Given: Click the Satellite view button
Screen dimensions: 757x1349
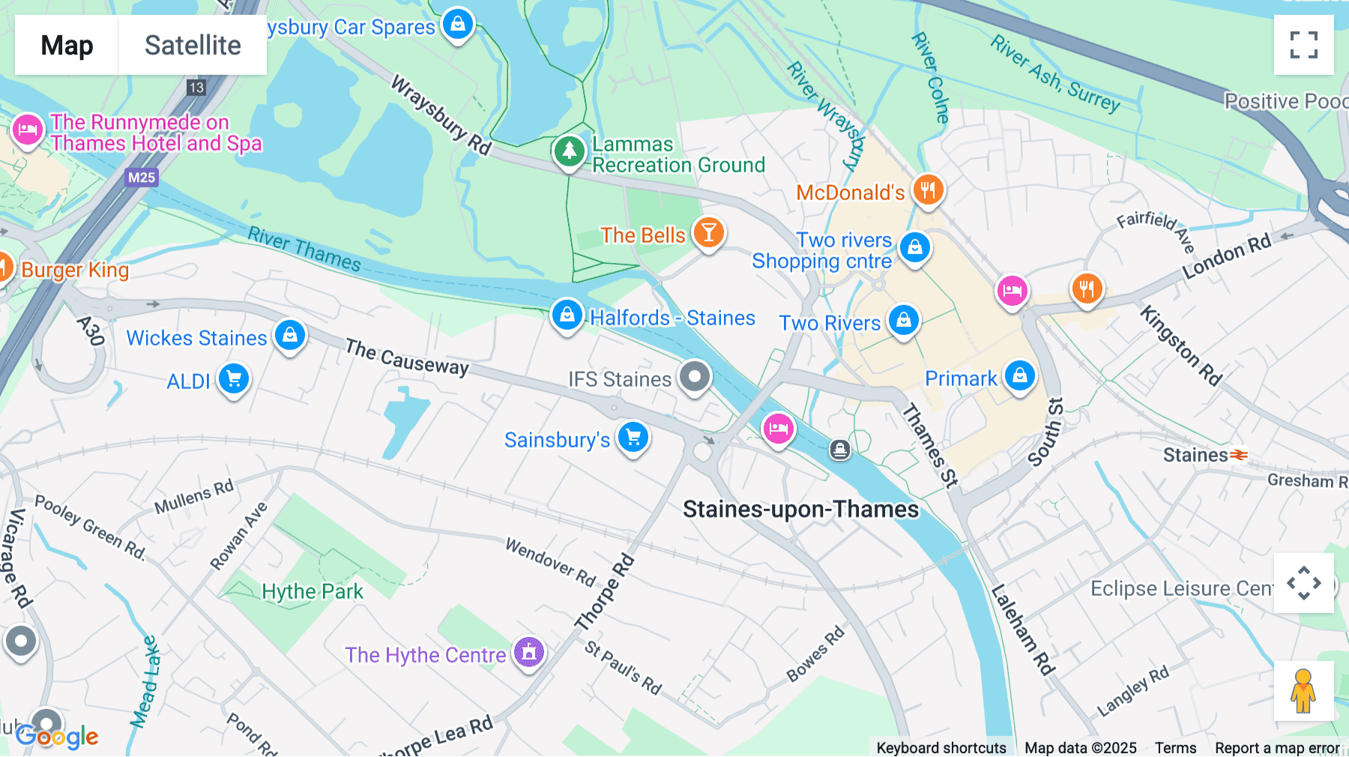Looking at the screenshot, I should click(193, 45).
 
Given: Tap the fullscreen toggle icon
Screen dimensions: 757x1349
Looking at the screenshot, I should click(1303, 45).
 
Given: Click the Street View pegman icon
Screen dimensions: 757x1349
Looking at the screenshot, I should click(1303, 690).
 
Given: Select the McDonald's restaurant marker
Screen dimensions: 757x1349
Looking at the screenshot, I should click(928, 190).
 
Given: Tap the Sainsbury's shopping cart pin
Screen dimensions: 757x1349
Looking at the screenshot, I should click(633, 437).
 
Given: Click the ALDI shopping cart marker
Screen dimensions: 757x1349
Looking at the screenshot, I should click(234, 379).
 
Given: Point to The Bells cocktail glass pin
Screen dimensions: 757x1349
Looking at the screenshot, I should click(708, 233).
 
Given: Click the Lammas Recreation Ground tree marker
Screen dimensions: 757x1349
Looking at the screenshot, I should click(569, 151).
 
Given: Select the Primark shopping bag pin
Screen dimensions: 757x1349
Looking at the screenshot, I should click(1019, 376).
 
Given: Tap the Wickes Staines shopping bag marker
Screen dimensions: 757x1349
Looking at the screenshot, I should click(290, 335).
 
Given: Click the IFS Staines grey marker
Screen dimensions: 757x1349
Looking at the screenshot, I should click(695, 376).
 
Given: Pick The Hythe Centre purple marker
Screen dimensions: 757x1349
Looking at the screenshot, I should click(529, 652).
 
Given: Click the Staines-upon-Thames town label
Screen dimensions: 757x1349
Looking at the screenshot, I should click(800, 510).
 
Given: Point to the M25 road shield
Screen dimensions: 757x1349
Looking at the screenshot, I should click(141, 178).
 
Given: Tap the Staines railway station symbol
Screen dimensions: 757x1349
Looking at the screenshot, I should click(1239, 455).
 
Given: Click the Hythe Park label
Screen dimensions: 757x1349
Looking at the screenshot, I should click(312, 591).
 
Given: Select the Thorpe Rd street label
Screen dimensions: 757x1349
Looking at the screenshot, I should click(604, 592).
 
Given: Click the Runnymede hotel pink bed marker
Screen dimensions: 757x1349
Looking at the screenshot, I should click(28, 130).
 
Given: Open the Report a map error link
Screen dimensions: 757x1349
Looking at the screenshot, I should click(1277, 748).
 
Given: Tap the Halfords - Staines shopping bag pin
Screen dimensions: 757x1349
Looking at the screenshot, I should click(567, 316).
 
